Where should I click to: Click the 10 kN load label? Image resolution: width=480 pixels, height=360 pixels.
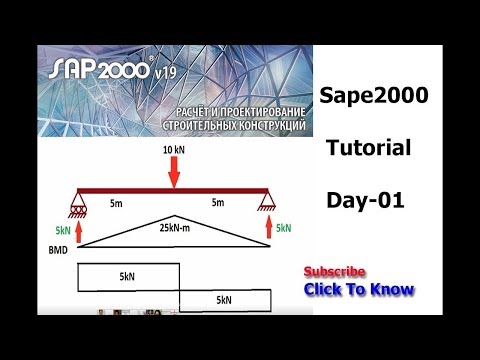click(174, 149)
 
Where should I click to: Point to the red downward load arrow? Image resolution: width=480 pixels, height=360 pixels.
click(174, 172)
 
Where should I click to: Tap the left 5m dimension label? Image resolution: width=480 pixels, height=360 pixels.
click(117, 203)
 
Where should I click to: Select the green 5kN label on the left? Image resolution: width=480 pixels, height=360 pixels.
click(61, 228)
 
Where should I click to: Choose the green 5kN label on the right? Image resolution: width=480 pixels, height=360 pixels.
click(284, 228)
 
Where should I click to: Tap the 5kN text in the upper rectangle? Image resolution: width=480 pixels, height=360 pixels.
click(127, 274)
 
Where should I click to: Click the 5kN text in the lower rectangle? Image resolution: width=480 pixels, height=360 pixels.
click(224, 299)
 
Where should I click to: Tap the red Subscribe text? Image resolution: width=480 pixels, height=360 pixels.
click(334, 272)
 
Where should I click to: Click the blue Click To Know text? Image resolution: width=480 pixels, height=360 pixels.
click(359, 290)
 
